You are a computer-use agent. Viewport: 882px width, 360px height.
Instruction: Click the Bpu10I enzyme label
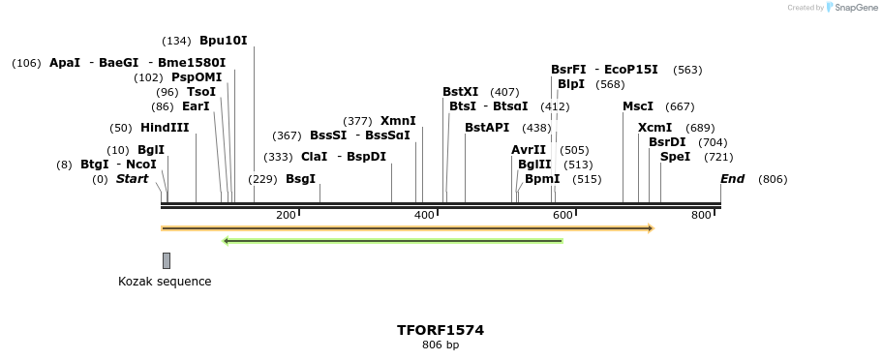coord(224,41)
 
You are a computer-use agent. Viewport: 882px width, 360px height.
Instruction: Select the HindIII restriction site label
coord(165,128)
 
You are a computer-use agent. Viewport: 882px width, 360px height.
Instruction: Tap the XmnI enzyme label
coord(398,121)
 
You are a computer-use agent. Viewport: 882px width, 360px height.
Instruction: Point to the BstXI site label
coord(461,92)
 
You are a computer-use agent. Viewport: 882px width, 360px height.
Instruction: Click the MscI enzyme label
coord(638,106)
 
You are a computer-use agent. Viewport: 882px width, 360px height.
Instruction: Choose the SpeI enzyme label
coord(676,157)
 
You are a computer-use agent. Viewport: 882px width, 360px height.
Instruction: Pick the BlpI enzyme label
coord(571,84)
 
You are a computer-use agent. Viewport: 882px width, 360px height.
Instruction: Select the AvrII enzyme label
coord(529,150)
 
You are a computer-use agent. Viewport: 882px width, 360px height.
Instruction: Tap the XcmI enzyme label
coord(655,128)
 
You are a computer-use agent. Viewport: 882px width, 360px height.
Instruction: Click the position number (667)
coord(681,106)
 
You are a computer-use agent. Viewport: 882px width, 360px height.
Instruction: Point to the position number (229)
coord(262,179)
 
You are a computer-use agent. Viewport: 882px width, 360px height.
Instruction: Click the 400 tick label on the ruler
coord(424,215)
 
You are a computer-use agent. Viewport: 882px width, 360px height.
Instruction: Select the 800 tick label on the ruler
coord(701,215)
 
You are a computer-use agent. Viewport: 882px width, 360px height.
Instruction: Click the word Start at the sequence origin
coord(133,179)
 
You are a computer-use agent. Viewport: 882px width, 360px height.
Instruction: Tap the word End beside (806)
coord(733,179)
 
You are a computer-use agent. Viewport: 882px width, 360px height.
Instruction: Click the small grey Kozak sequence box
coord(167,260)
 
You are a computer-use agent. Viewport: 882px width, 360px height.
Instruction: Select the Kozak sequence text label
coord(165,282)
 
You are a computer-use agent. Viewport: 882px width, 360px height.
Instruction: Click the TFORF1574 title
coord(441,330)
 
